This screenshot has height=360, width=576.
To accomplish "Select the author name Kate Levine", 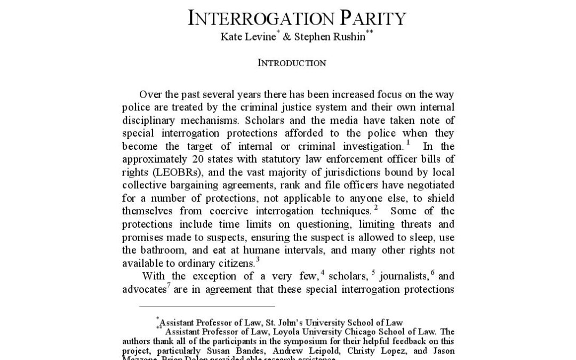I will tap(244, 37).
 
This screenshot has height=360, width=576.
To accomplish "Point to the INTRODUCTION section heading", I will tap(292, 63).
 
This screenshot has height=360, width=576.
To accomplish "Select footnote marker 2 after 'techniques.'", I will tap(376, 207).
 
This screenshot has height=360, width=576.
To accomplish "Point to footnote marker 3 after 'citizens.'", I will tap(258, 260).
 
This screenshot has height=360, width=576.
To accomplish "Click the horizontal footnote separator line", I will tap(207, 307).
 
